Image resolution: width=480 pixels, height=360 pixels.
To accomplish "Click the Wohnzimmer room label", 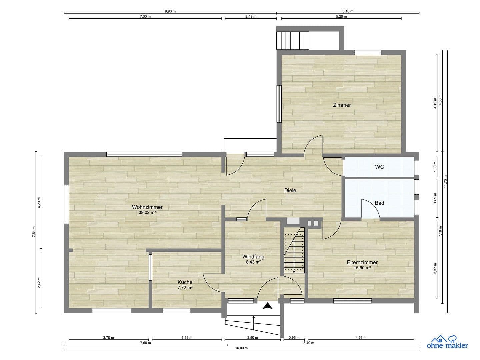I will [147, 207].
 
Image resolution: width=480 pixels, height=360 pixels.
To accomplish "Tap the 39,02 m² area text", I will [147, 212].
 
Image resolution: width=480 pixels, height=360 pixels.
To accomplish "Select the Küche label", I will [185, 282].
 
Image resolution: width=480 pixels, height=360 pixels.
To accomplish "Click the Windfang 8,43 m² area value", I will [253, 262].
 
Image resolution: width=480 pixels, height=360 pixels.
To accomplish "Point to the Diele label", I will [290, 191].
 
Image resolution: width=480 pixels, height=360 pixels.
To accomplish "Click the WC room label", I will [379, 167].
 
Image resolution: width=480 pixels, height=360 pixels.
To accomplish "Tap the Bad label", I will [379, 203].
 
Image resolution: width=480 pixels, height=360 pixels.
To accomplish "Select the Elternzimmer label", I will [362, 262].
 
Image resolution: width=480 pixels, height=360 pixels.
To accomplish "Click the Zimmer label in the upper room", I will [342, 105].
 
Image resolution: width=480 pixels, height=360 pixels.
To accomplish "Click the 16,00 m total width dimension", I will [241, 348].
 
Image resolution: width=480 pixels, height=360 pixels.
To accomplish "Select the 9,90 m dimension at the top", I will [170, 11].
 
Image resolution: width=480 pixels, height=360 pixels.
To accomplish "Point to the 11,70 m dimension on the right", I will [446, 181].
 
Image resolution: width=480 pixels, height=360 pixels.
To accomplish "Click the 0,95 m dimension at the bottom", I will [294, 337].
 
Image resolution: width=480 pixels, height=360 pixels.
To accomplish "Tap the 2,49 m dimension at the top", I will [251, 16].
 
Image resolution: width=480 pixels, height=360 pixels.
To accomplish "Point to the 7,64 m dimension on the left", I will [34, 232].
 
